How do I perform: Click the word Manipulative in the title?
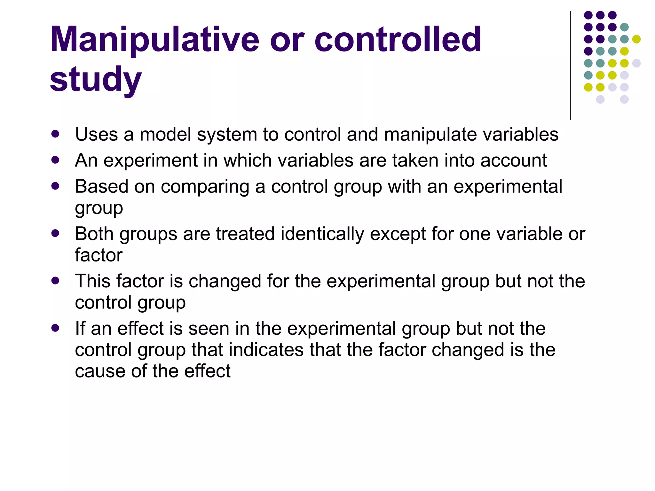click(x=154, y=40)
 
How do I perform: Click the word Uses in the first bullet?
click(x=96, y=134)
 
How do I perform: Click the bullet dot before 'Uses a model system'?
click(x=55, y=134)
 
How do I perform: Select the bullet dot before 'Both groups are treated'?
click(x=55, y=233)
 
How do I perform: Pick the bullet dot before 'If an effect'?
click(x=55, y=328)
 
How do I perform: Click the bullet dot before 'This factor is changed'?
click(x=55, y=281)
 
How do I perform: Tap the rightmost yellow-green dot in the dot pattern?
click(x=636, y=39)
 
